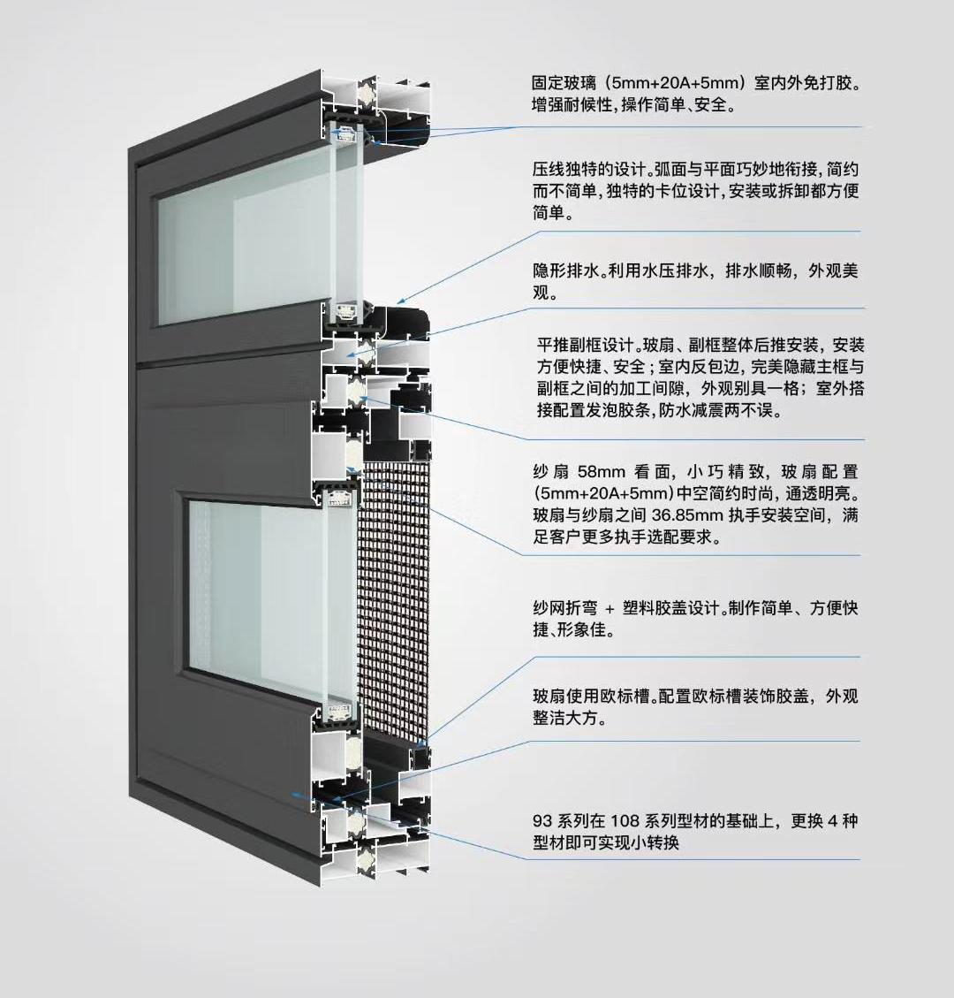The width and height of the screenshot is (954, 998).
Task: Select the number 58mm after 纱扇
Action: (604, 472)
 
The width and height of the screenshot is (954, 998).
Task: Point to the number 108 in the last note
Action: (624, 821)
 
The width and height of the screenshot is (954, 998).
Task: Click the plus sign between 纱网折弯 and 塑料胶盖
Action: (609, 609)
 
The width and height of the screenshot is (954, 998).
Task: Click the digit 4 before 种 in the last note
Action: (832, 821)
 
